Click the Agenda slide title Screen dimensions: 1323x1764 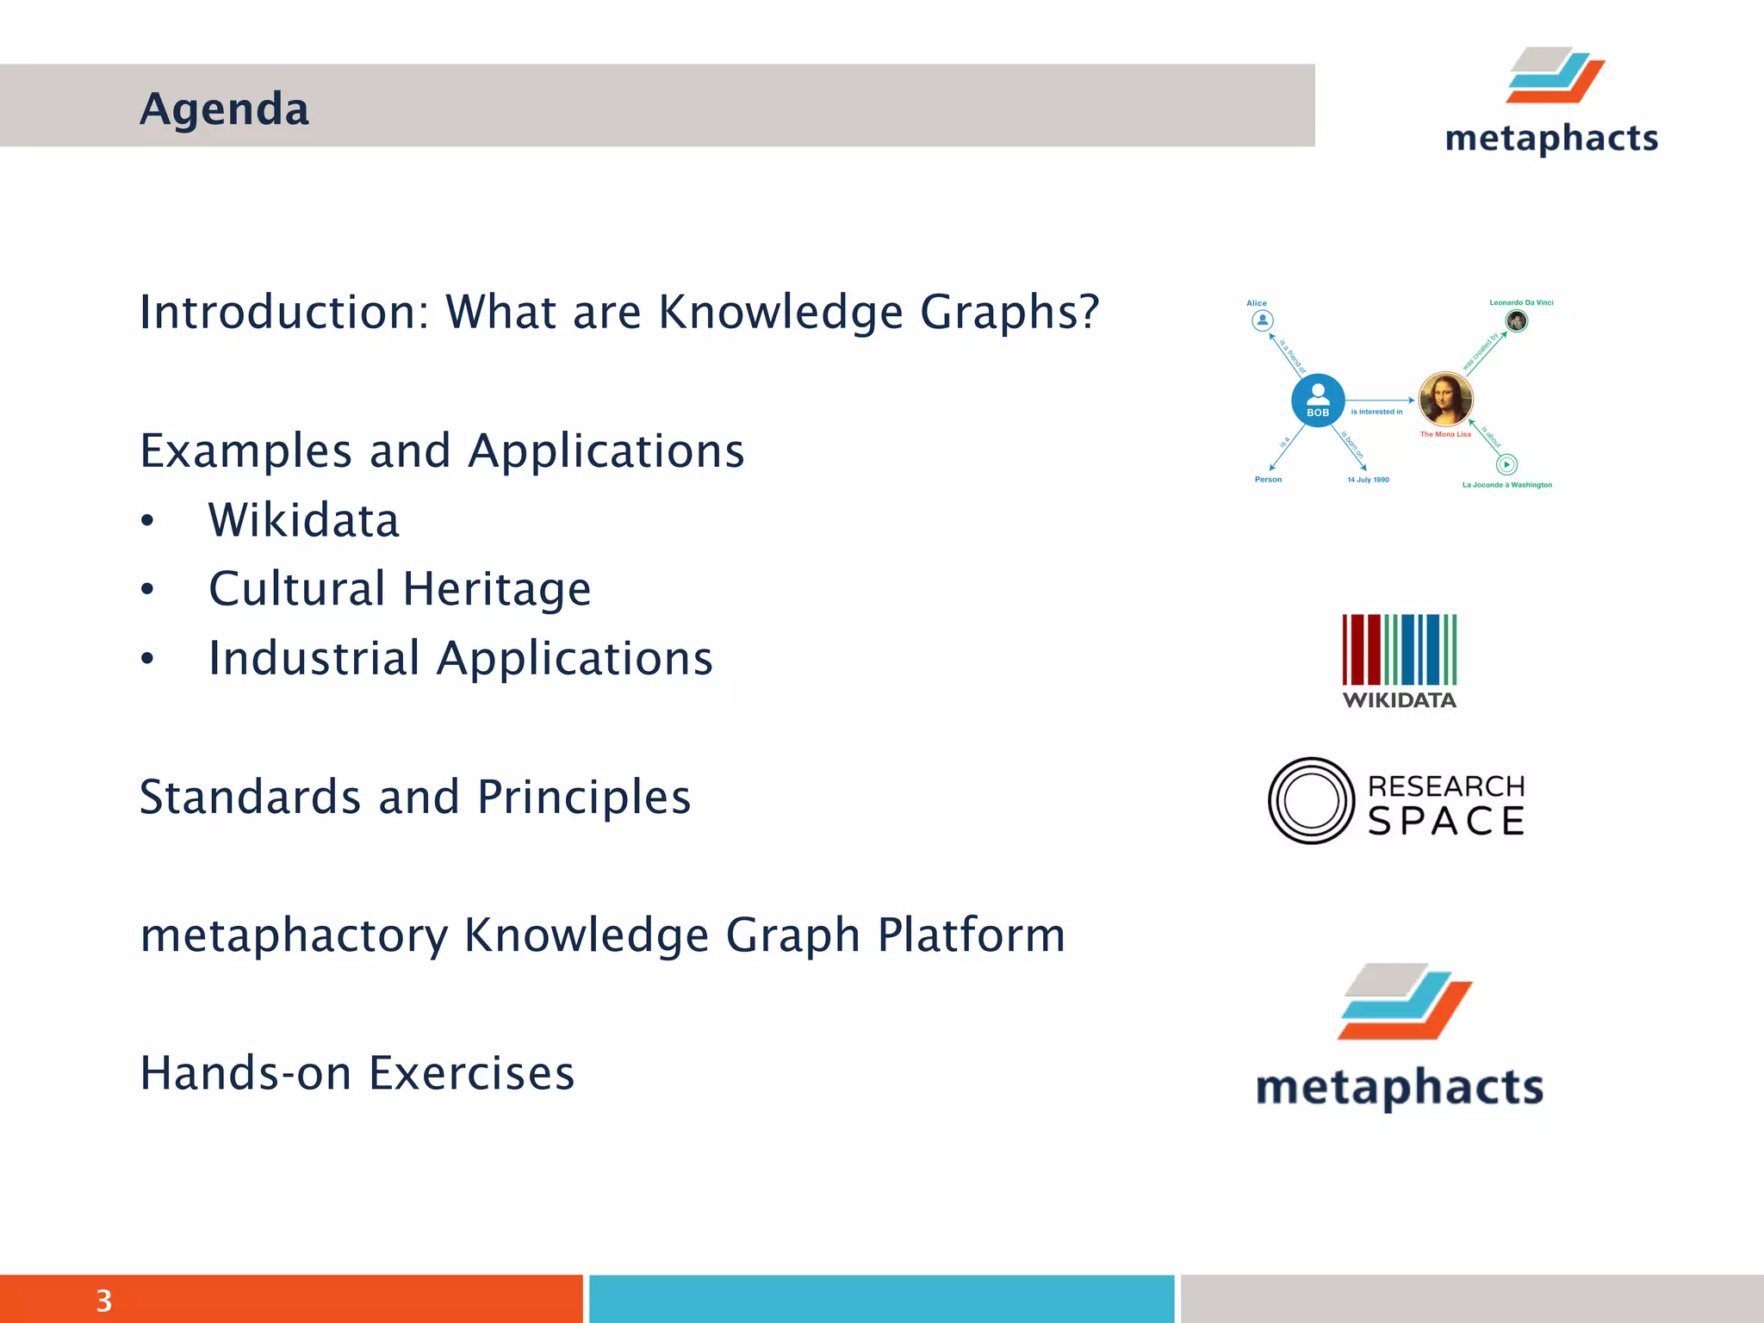click(224, 109)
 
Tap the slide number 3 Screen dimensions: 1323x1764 click(103, 1301)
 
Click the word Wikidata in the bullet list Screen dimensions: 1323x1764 click(303, 520)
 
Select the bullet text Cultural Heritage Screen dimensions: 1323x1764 click(400, 589)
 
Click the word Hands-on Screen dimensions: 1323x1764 click(245, 1073)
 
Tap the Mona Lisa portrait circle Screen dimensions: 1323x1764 click(1446, 399)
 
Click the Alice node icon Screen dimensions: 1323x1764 click(1262, 320)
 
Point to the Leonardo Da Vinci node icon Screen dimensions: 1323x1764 click(1516, 320)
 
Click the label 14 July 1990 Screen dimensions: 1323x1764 click(1368, 480)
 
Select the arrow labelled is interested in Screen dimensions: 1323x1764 click(1381, 401)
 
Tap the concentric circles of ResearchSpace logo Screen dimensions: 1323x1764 click(1312, 800)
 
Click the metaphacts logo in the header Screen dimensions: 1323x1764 click(1552, 102)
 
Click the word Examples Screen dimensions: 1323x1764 click(246, 451)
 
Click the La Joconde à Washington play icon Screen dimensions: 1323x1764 click(1506, 464)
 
